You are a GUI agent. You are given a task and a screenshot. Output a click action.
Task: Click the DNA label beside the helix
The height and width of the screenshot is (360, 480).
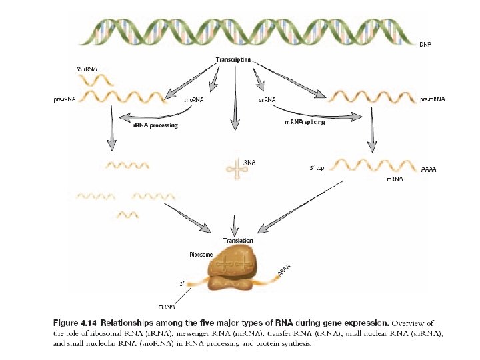click(425, 45)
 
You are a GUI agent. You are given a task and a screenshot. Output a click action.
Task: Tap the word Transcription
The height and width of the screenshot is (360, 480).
click(233, 60)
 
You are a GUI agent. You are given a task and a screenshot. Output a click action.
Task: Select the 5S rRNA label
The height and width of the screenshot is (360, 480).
click(87, 69)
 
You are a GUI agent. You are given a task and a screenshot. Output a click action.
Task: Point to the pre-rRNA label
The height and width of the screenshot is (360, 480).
click(65, 99)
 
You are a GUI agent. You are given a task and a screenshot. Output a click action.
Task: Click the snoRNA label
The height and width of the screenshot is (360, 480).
click(194, 100)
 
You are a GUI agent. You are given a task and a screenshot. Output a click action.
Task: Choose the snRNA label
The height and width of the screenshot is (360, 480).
click(267, 100)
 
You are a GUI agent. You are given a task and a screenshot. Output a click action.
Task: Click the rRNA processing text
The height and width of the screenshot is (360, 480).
click(155, 125)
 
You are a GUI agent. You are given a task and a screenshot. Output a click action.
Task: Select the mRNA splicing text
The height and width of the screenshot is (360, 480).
click(305, 122)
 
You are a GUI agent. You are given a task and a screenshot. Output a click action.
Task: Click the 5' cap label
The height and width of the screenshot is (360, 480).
click(317, 167)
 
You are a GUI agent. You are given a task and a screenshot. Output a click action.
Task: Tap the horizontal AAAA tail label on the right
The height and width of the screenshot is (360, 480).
click(429, 170)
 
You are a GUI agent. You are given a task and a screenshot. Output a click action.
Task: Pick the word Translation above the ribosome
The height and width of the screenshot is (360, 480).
click(238, 240)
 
